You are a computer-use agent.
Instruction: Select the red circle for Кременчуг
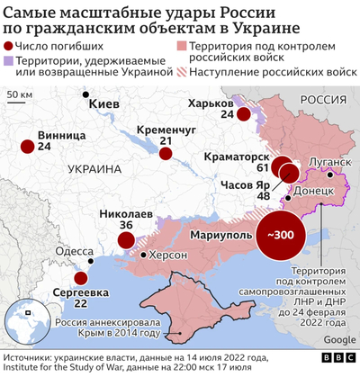coord(166,154)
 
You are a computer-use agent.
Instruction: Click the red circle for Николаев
coord(126,240)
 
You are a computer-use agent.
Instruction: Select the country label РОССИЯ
coord(321,97)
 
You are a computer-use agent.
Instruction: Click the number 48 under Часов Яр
coord(264,194)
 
